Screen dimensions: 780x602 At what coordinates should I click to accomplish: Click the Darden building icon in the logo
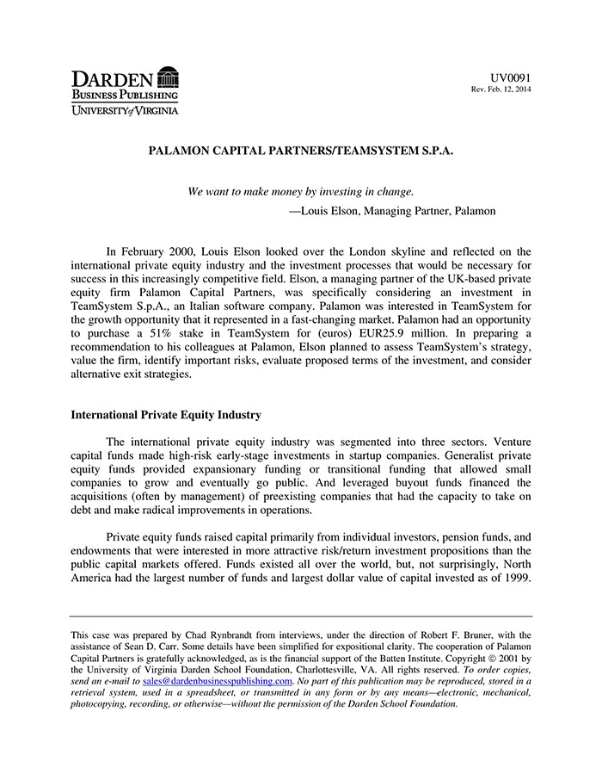click(x=169, y=78)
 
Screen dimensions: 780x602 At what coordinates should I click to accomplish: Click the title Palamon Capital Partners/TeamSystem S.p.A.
click(x=300, y=150)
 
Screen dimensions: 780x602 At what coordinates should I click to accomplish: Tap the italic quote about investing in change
click(x=300, y=191)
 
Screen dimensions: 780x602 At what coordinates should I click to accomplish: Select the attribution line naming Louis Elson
click(x=391, y=210)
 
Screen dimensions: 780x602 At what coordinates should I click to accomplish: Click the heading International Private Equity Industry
click(x=165, y=414)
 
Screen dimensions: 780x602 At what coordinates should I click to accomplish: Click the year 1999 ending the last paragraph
click(x=515, y=579)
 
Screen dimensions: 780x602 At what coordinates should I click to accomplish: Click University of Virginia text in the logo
click(x=125, y=109)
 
